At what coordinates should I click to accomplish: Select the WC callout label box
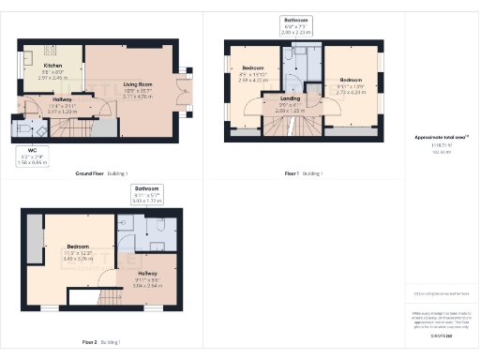(31, 155)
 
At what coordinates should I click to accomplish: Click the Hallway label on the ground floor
(63, 103)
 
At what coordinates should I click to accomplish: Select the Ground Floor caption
(96, 174)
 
